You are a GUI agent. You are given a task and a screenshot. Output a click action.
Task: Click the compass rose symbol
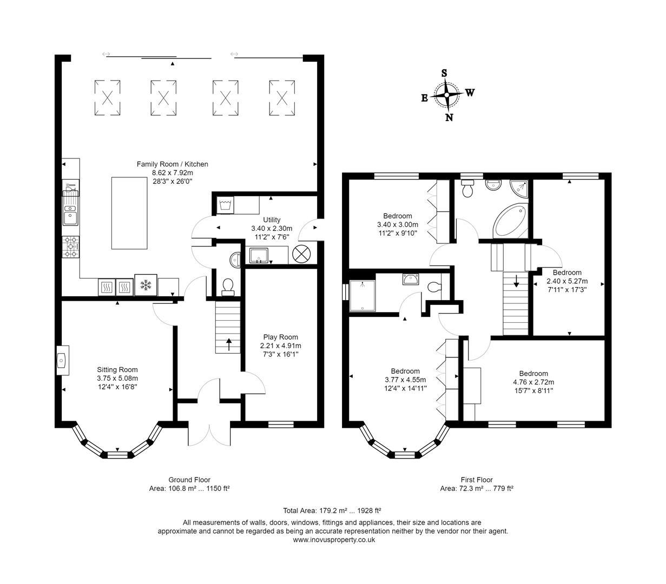pos(447,95)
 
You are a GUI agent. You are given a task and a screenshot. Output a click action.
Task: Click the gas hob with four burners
pos(71,247)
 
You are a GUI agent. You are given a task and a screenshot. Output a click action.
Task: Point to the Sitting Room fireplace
pos(62,360)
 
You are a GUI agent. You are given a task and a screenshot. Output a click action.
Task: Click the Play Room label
pos(280,337)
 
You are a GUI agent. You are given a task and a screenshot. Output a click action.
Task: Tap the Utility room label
pos(272,220)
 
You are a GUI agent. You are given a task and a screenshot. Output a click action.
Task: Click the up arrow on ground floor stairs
pos(228,344)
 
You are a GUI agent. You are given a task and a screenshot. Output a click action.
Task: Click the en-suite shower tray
pos(362,296)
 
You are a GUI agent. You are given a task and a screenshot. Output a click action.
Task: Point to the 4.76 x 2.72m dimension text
pos(533,382)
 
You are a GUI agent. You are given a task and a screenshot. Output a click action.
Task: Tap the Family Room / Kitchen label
pos(172,164)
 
